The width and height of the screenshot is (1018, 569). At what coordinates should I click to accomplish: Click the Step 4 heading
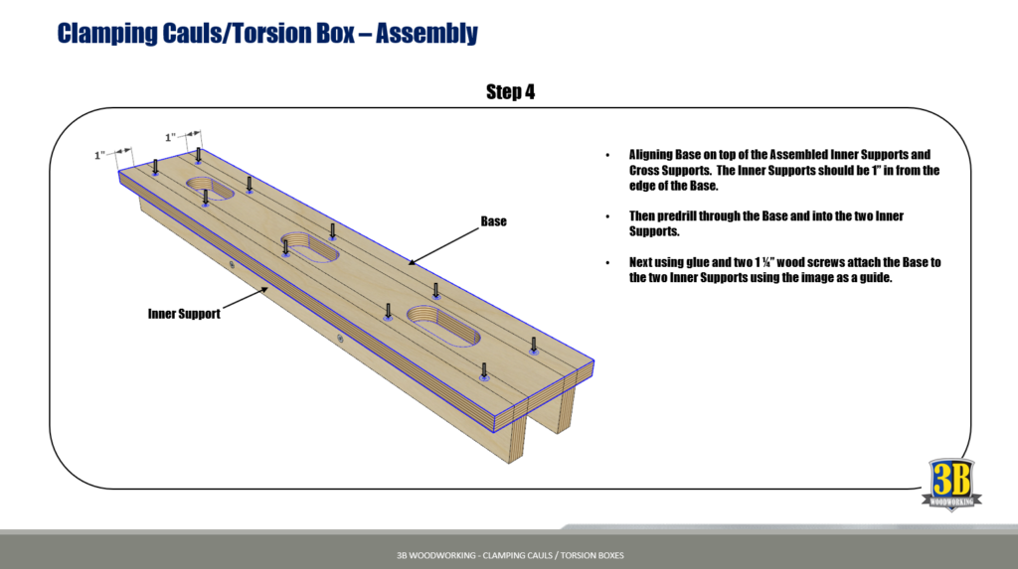(511, 92)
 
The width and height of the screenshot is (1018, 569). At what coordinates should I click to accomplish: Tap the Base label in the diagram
(493, 221)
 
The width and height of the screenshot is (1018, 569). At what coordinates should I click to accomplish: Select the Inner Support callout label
(184, 314)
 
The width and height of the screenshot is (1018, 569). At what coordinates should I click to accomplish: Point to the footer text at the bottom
(509, 554)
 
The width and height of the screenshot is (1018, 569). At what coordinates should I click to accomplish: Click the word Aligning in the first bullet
(655, 155)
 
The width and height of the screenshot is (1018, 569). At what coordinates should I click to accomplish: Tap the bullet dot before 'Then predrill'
(607, 216)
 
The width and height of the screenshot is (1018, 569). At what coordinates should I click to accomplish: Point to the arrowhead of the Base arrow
(412, 263)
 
